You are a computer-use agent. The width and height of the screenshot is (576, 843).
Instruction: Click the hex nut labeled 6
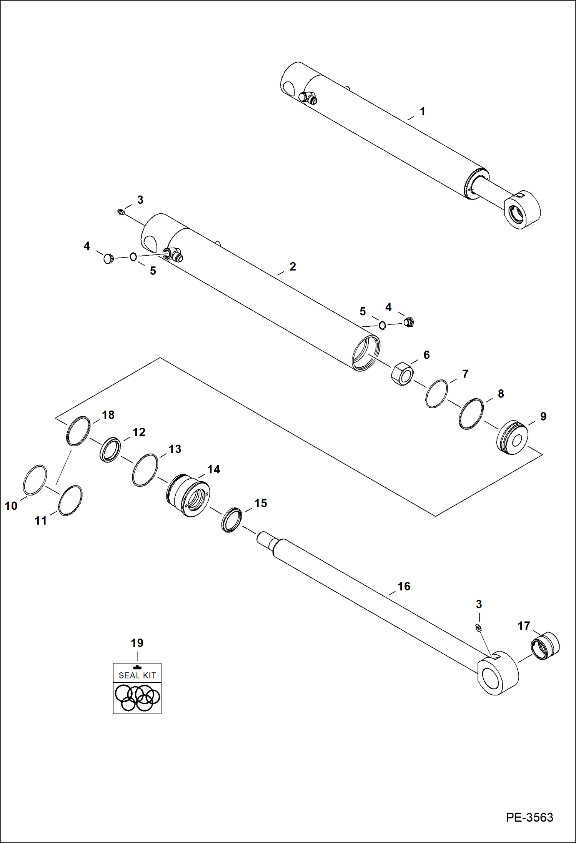(x=402, y=373)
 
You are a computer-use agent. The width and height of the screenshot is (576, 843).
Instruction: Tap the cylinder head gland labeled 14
(x=188, y=495)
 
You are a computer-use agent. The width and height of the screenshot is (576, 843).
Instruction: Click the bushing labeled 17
(x=545, y=646)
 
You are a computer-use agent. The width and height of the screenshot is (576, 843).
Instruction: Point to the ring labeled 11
(x=70, y=500)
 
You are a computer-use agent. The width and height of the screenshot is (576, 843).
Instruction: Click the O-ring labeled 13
(x=145, y=470)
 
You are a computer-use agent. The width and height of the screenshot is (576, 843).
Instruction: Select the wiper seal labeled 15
(x=232, y=520)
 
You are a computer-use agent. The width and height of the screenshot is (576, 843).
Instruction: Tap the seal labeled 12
(x=110, y=449)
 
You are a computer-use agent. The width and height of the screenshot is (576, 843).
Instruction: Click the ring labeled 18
(x=78, y=431)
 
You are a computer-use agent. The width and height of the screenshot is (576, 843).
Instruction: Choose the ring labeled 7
(x=436, y=394)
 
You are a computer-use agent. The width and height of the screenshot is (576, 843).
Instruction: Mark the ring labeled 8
(x=471, y=414)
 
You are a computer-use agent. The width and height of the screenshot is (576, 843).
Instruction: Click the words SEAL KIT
(x=137, y=675)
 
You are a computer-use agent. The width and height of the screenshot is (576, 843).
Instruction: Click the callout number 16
(x=404, y=586)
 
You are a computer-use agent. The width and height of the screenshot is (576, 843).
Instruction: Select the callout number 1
(x=422, y=111)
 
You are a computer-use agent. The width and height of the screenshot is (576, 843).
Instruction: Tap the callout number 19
(x=137, y=643)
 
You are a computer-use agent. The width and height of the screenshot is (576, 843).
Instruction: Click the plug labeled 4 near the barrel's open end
(x=409, y=322)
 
